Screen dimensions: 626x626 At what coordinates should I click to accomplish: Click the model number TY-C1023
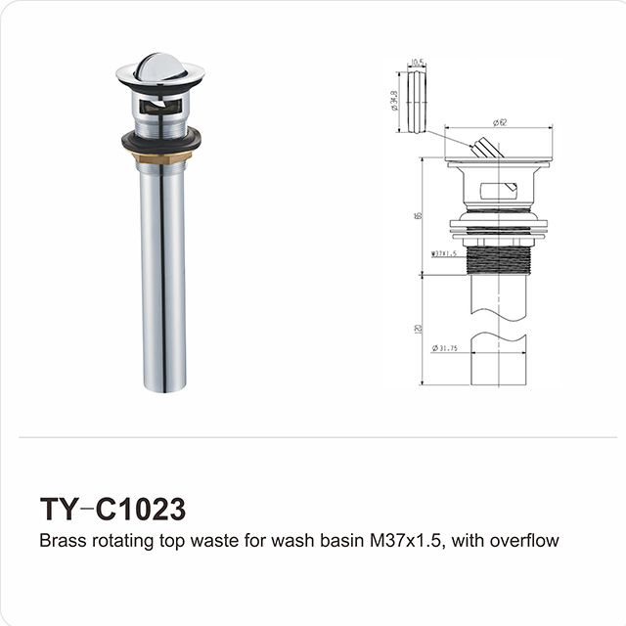[112, 511]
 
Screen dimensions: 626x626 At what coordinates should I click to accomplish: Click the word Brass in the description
[61, 540]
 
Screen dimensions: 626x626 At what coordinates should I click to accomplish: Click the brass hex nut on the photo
[160, 155]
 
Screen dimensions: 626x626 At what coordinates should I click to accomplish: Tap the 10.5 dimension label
[418, 62]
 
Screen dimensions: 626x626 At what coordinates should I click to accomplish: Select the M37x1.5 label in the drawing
[445, 253]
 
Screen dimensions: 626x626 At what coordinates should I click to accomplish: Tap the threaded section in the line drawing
[499, 258]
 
